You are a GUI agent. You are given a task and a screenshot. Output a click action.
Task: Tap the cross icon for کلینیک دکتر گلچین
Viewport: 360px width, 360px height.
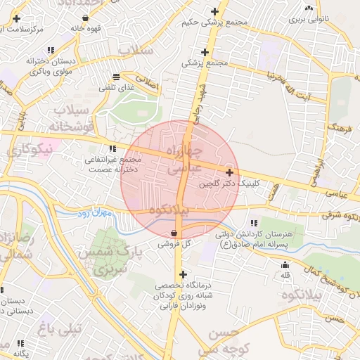(230, 172)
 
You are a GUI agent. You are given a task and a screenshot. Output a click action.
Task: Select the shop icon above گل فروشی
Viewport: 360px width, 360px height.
(174, 233)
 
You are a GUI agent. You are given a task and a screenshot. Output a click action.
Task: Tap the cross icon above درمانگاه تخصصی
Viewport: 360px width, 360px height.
(183, 274)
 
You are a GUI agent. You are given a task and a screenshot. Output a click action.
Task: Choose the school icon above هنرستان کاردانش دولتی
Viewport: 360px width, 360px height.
(252, 223)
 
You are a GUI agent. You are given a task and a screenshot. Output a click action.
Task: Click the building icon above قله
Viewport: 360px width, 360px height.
(285, 265)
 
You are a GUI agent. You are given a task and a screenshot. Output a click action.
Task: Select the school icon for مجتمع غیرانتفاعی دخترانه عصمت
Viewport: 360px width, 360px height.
(112, 148)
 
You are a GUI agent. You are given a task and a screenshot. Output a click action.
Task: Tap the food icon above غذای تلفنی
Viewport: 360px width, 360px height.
(116, 75)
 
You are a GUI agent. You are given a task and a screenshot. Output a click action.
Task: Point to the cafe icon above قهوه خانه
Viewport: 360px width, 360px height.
(85, 18)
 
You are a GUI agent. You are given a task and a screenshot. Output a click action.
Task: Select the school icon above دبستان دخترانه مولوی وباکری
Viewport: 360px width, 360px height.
(50, 50)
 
